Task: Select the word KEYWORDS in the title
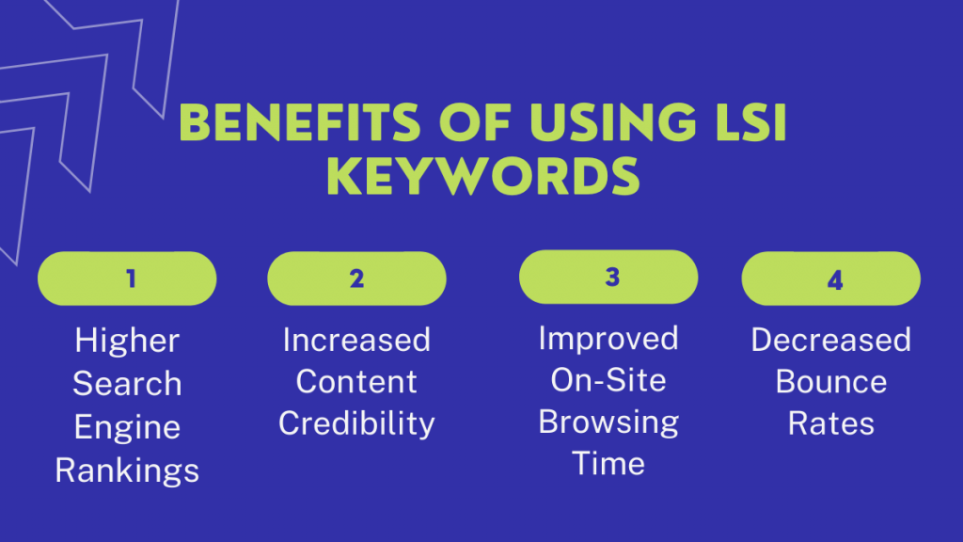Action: (482, 176)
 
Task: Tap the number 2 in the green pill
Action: (356, 279)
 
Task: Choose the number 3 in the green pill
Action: (612, 278)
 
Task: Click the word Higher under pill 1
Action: (127, 341)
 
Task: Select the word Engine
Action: (127, 426)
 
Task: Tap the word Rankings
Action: (127, 470)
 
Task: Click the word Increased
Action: (356, 340)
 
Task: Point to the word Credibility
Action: (356, 423)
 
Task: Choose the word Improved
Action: (608, 338)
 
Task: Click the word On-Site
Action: (608, 380)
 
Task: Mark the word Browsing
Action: (608, 422)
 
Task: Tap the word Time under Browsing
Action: (608, 463)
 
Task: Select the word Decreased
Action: (831, 340)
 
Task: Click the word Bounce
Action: (831, 382)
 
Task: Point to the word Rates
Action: (831, 423)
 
